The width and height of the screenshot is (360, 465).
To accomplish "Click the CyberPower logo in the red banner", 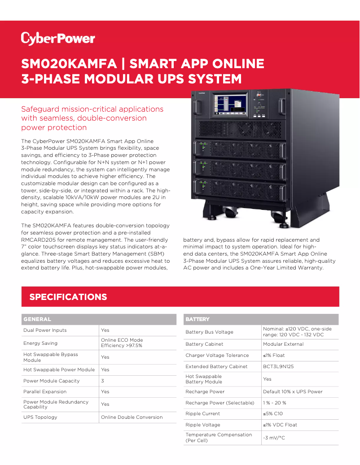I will pos(58,39).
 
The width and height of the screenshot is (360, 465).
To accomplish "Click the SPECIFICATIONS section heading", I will pos(68,297).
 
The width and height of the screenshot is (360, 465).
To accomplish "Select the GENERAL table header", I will pos(37,319).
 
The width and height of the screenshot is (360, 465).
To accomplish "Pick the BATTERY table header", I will pos(198,319).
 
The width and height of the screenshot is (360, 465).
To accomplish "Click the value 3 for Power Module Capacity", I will pos(103,381).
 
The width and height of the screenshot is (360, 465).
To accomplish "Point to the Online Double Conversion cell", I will pos(132,417).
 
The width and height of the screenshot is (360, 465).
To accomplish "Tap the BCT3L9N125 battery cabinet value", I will pos(278,366).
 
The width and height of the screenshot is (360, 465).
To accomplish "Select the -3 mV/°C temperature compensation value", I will pos(274,438).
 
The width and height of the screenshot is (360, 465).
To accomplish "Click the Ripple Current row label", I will pos(203,413).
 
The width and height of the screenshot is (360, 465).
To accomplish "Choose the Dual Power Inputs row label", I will pos(45,330).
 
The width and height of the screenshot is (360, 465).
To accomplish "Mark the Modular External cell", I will pos(283,344).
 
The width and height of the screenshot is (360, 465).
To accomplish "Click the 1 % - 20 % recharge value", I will pos(275,403).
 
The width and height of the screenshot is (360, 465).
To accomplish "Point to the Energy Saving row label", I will pos(40,343).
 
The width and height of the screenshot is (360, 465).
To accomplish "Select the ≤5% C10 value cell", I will pos(273,413).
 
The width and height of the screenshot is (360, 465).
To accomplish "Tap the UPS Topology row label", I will pos(40,417).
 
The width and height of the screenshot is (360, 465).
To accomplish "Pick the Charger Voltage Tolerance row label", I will pos(217,355).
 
